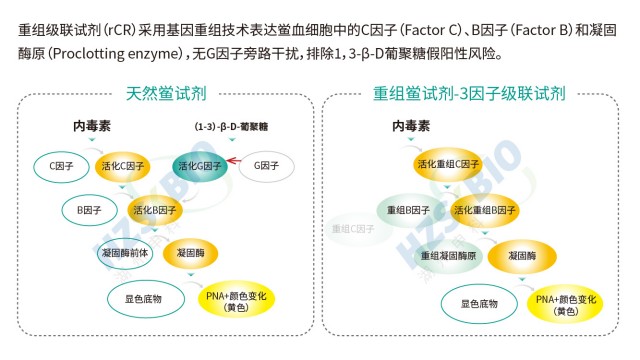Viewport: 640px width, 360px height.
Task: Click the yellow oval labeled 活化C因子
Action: [x=122, y=166]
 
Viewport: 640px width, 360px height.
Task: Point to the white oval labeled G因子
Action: [x=266, y=166]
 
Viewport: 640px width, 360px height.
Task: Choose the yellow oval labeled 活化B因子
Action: [x=155, y=210]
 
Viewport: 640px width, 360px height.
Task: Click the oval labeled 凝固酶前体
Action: [x=124, y=253]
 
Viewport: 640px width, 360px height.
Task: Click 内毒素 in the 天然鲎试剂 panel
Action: [x=92, y=127]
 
